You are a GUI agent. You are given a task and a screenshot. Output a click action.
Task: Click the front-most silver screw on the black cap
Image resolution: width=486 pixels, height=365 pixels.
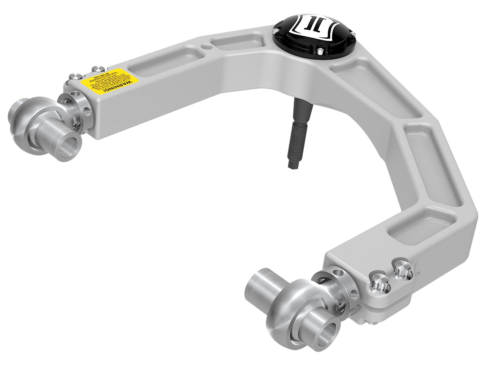point(319,51)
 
